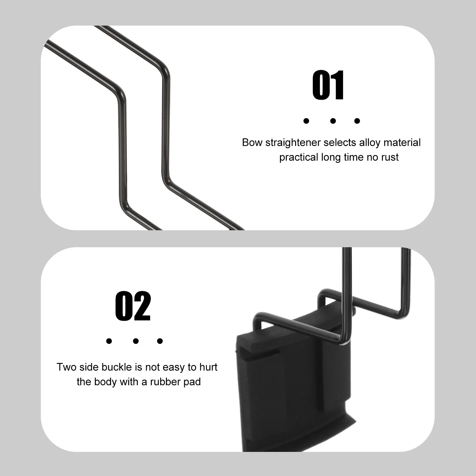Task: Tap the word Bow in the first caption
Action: click(x=252, y=143)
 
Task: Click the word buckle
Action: click(x=117, y=367)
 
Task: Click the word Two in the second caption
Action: click(x=66, y=367)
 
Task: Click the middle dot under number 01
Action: click(x=333, y=121)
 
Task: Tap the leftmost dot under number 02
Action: click(x=109, y=341)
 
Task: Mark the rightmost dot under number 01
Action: click(x=357, y=121)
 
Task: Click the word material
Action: click(x=402, y=143)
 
